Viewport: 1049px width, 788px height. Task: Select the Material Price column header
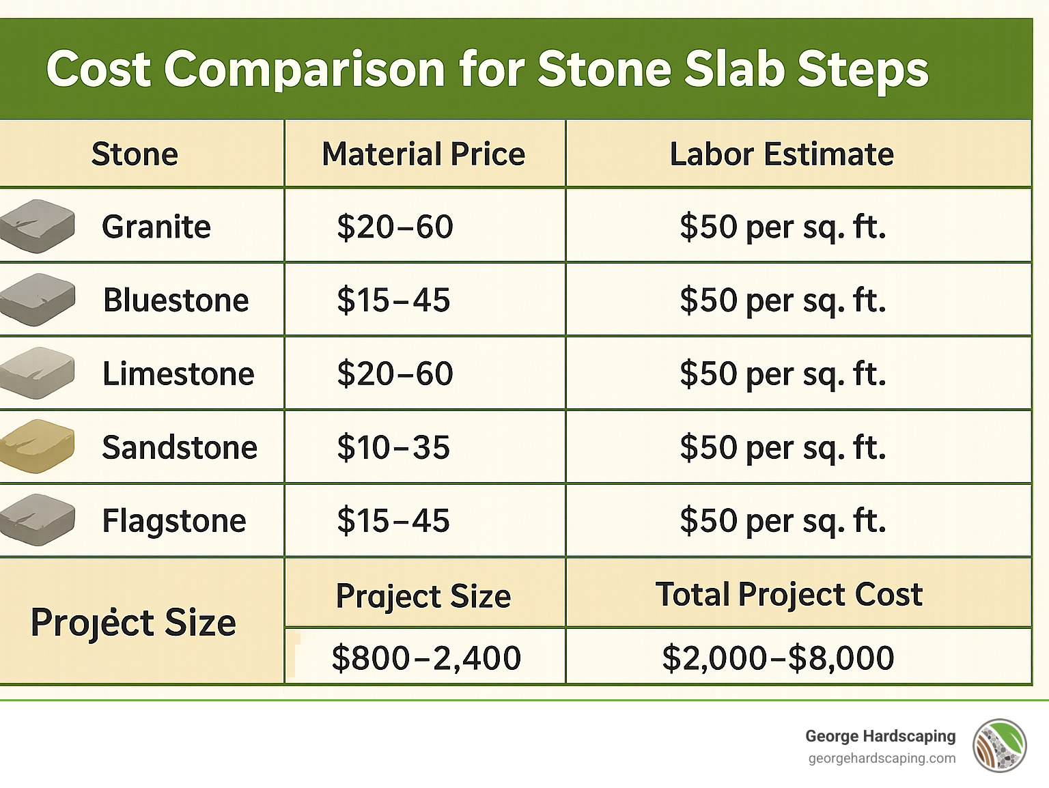pyautogui.click(x=423, y=154)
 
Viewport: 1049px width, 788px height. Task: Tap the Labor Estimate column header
pyautogui.click(x=781, y=154)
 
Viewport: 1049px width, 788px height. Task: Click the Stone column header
pyautogui.click(x=135, y=154)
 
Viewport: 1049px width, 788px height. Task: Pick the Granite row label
pyautogui.click(x=156, y=227)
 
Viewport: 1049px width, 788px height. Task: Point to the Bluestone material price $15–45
pyautogui.click(x=393, y=300)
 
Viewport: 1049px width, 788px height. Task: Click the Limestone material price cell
pyautogui.click(x=395, y=374)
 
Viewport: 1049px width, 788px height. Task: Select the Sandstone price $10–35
pyautogui.click(x=393, y=448)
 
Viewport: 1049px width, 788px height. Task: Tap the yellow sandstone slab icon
pyautogui.click(x=37, y=447)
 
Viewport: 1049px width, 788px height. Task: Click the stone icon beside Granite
pyautogui.click(x=37, y=226)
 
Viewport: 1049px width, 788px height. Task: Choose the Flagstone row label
pyautogui.click(x=174, y=521)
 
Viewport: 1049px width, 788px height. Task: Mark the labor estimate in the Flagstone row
pyautogui.click(x=783, y=521)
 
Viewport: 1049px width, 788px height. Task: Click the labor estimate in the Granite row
pyautogui.click(x=783, y=227)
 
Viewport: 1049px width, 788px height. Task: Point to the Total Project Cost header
pyautogui.click(x=789, y=595)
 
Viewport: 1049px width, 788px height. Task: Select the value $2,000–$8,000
pyautogui.click(x=778, y=658)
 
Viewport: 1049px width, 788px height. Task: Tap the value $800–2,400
pyautogui.click(x=426, y=658)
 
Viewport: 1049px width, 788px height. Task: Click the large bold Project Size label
pyautogui.click(x=133, y=623)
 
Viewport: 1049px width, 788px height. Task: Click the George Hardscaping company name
pyautogui.click(x=880, y=736)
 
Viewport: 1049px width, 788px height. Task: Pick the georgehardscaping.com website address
pyautogui.click(x=882, y=759)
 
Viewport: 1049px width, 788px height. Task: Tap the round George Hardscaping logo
pyautogui.click(x=999, y=746)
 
